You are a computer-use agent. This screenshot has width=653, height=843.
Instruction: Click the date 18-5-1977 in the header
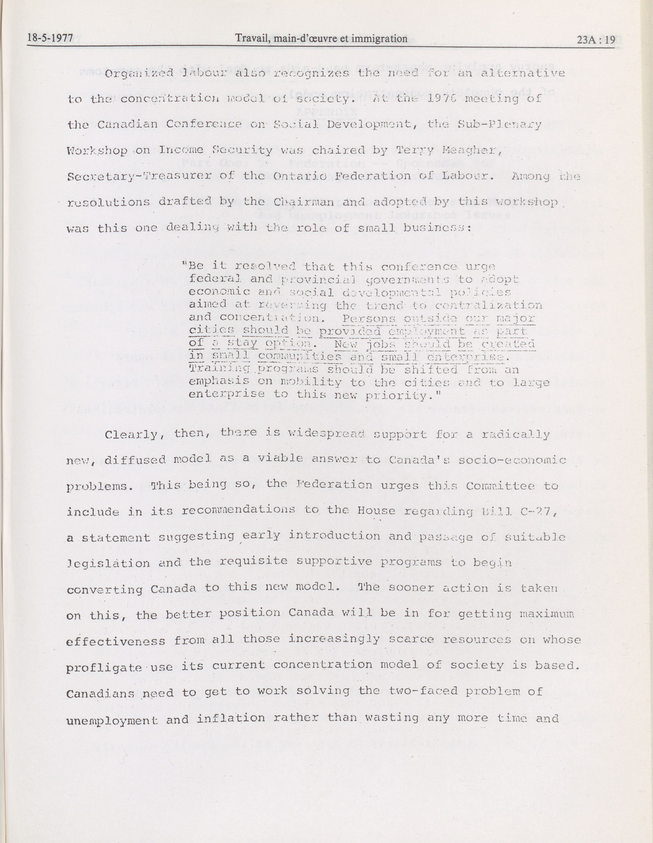[x=50, y=39]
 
